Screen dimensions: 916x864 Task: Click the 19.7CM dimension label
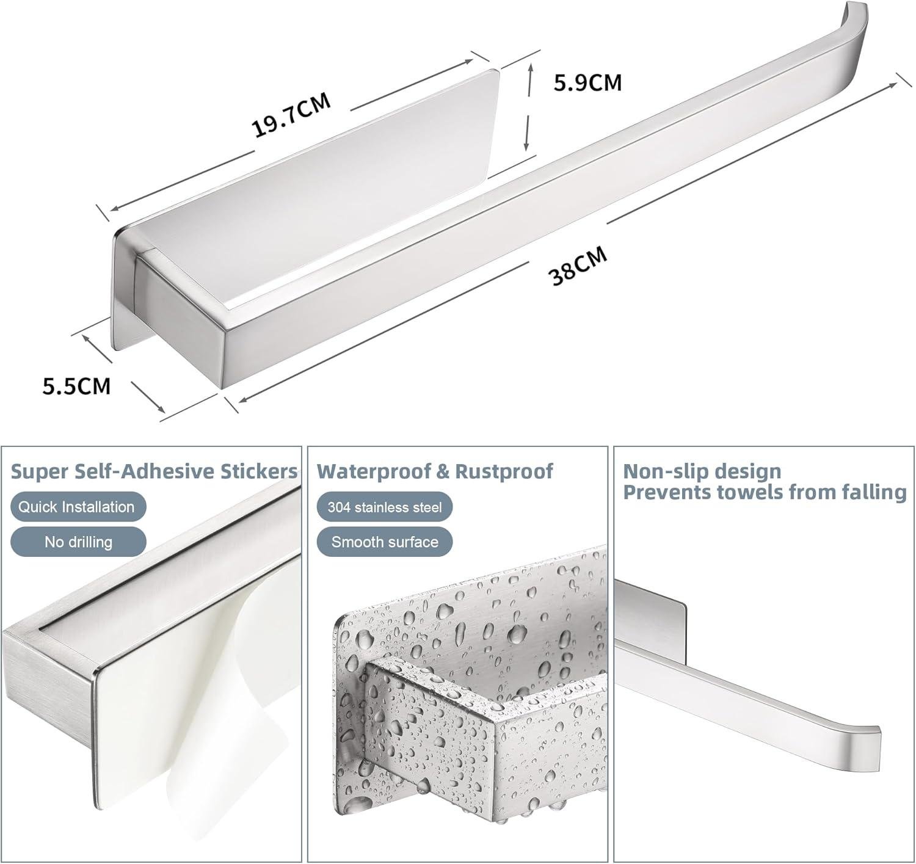291,115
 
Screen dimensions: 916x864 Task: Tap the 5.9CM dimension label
587,82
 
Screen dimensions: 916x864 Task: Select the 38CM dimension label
578,267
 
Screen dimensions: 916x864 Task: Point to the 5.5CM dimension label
76,386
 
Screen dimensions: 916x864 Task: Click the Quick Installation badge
78,507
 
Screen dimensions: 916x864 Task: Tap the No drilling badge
78,542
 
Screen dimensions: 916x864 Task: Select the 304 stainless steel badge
384,507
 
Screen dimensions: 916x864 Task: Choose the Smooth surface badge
384,542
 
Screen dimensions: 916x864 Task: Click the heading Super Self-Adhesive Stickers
154,471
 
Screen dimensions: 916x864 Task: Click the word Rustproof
504,471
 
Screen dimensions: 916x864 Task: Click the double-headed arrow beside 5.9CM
529,107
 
